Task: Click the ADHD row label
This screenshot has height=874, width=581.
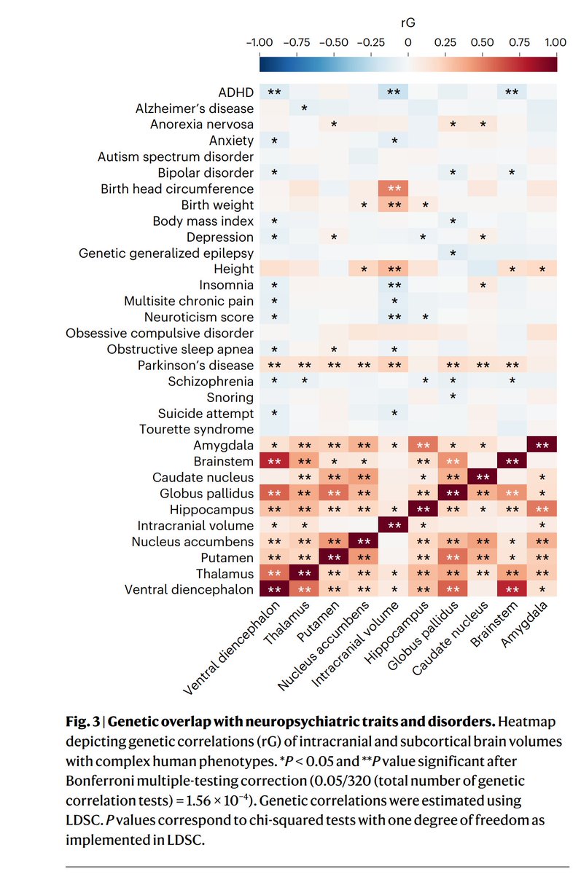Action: [235, 92]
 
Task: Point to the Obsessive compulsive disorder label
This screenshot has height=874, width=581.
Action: [160, 333]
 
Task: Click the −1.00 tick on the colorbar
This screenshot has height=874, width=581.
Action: [260, 42]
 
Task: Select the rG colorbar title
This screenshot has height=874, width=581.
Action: [408, 23]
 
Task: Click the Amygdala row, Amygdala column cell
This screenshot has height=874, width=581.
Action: [542, 445]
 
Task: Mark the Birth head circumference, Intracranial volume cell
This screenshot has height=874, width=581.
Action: [394, 189]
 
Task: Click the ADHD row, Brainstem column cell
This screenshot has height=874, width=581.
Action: [512, 92]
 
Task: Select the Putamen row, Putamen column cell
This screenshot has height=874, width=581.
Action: [334, 557]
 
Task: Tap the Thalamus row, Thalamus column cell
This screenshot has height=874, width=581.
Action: [305, 573]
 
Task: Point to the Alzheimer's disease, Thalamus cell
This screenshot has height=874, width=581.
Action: [305, 109]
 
